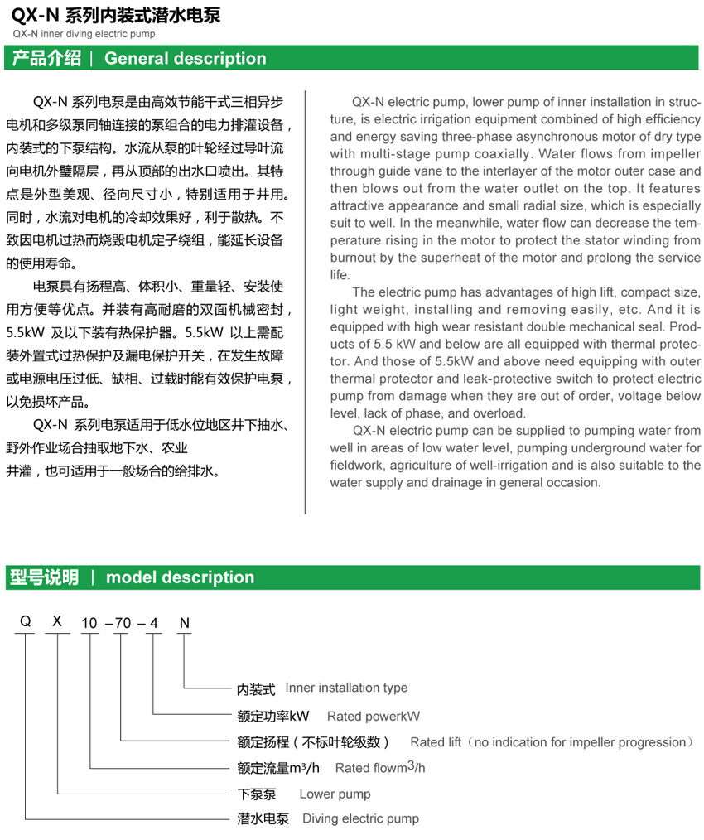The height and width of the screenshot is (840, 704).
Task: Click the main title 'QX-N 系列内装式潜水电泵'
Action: point(115,15)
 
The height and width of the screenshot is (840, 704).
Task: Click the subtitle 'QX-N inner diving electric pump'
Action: point(84,35)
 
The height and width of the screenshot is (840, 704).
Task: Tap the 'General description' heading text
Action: point(186,59)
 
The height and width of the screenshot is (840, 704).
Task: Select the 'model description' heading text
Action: point(180,577)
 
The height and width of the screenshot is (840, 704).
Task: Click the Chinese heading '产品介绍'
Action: point(46,59)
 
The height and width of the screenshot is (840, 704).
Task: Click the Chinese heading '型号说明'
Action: point(45,577)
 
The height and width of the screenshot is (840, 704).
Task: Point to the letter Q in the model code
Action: point(26,622)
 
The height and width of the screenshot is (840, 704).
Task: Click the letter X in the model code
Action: point(57,622)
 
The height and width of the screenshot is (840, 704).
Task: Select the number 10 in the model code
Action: point(89,623)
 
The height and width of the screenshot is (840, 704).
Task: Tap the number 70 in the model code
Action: point(121,623)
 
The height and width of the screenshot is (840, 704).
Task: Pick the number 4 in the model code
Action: point(153,623)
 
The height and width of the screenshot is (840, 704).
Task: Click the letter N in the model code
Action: point(184,622)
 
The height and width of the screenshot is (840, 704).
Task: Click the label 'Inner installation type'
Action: point(346,688)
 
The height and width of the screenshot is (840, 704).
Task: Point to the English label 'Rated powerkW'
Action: point(374,716)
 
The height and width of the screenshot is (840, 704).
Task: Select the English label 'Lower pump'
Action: point(335,794)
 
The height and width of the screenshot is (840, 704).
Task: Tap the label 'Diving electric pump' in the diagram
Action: point(360,818)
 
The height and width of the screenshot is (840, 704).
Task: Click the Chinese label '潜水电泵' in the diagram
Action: point(263,818)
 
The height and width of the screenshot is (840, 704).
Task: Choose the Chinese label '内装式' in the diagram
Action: point(256,688)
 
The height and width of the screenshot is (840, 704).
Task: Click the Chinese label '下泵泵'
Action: point(257,794)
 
